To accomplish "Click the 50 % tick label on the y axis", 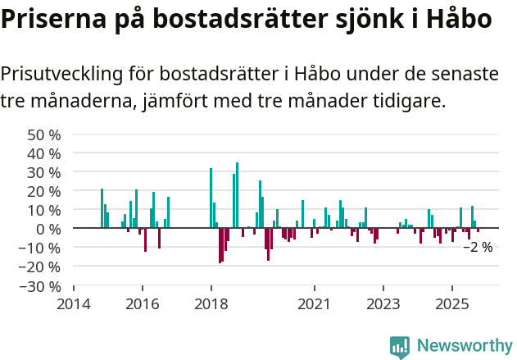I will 43,134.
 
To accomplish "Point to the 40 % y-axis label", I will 43,153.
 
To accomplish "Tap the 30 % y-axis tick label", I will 43,172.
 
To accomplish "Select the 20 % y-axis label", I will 43,191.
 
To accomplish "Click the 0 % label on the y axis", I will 48,229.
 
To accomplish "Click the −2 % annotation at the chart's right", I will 478,246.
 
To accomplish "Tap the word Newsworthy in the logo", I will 464,346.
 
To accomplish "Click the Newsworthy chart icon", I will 400,347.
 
